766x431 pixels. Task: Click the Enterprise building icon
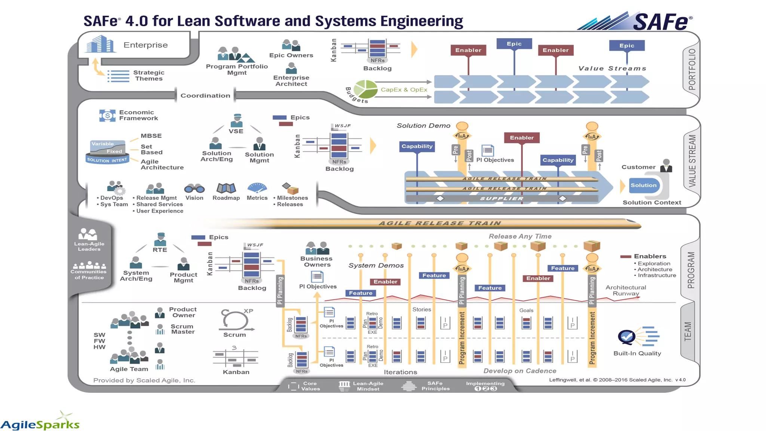(99, 44)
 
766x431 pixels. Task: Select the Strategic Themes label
(149, 76)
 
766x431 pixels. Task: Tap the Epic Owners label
(291, 55)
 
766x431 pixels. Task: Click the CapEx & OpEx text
(404, 90)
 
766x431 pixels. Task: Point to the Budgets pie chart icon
(365, 89)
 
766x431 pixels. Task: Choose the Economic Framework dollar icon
(107, 116)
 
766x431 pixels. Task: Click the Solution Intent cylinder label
(107, 160)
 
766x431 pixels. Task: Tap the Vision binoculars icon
(194, 188)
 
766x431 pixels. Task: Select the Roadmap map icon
(226, 188)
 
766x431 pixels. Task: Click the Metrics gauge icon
(257, 188)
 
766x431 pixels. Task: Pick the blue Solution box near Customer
(643, 185)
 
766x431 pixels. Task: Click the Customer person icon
(666, 165)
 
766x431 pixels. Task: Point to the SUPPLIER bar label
(502, 199)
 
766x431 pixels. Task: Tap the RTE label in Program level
(160, 250)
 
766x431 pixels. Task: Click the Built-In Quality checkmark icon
(626, 337)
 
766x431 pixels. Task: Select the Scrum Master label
(183, 329)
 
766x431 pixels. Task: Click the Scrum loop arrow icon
(235, 320)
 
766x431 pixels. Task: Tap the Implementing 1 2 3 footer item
(485, 386)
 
